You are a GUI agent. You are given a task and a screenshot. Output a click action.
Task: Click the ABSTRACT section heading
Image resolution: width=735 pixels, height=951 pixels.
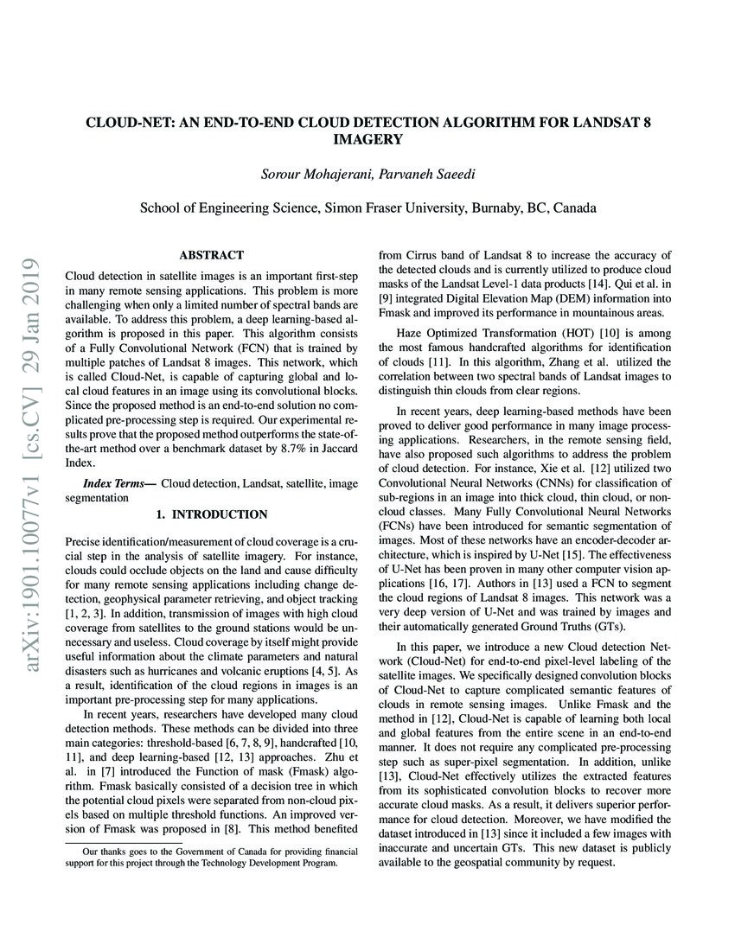click(x=211, y=255)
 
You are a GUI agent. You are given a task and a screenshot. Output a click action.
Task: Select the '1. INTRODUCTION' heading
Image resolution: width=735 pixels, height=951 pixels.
click(x=211, y=514)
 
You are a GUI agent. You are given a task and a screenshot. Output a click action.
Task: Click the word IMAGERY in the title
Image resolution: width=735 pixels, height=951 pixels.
click(x=367, y=138)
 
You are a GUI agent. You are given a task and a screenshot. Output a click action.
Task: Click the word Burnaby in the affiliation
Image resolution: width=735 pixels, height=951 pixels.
click(x=502, y=208)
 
